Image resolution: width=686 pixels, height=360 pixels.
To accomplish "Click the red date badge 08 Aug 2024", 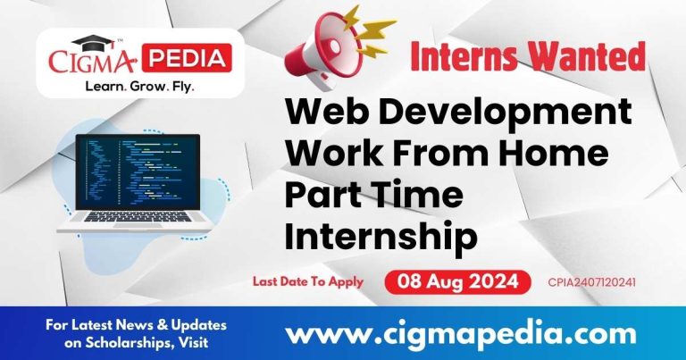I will (458, 282).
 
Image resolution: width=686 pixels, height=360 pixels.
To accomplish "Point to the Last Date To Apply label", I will (307, 281).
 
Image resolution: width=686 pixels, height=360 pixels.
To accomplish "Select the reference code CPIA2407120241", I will (597, 282).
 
